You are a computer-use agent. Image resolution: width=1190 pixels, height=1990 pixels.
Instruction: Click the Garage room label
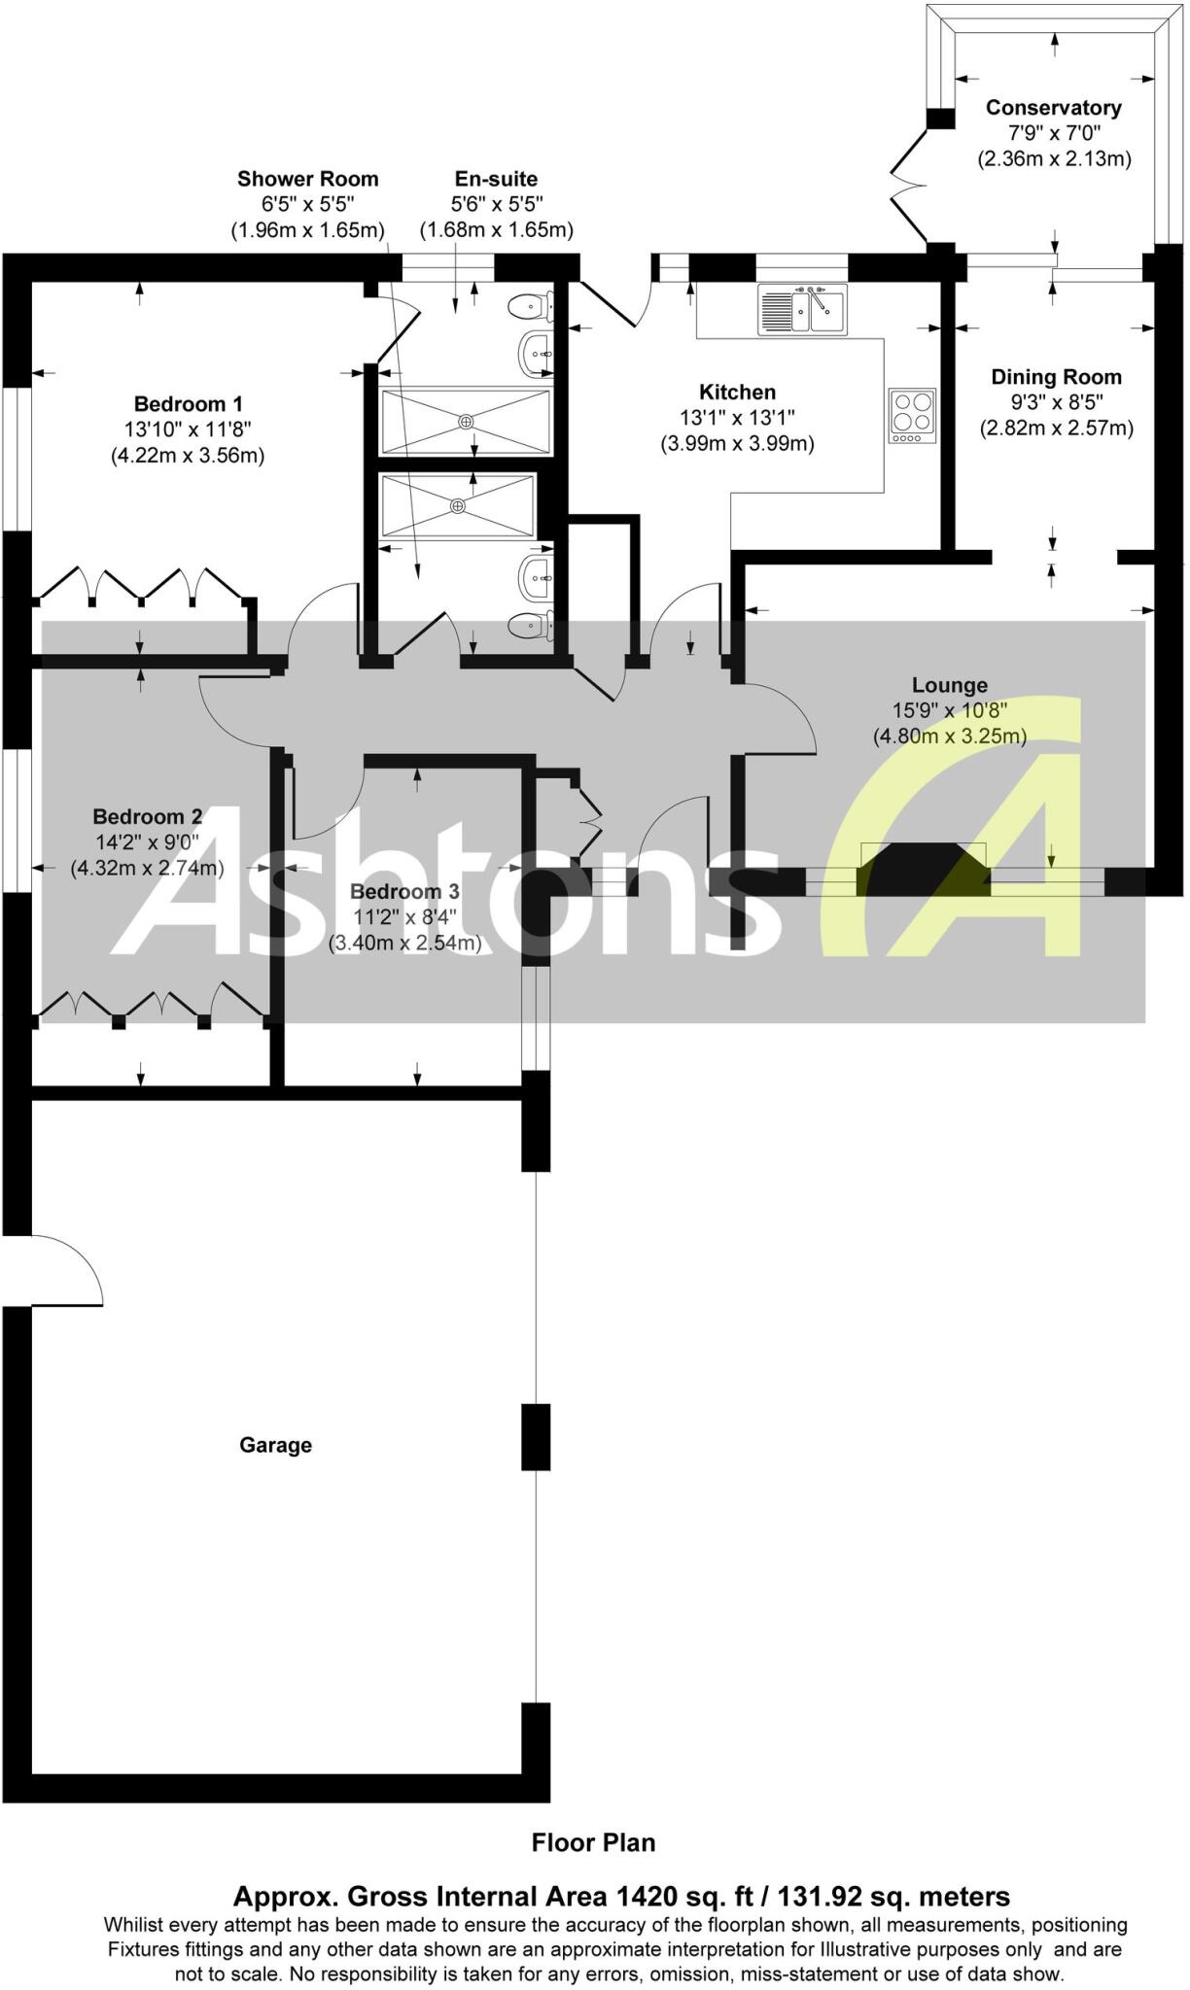pos(275,1445)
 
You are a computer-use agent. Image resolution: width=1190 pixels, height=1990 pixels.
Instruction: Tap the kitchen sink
pos(802,308)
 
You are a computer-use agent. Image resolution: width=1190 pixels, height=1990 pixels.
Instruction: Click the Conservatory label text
pos(1053,108)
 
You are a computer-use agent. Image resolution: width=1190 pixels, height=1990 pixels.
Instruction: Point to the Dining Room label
pos(1056,377)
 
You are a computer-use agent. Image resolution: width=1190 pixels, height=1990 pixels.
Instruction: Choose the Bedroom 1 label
pos(188,404)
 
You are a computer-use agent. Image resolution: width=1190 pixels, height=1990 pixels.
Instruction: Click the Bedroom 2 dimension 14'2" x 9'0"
pos(147,842)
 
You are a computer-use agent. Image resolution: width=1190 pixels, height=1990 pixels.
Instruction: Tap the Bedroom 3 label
pos(404,892)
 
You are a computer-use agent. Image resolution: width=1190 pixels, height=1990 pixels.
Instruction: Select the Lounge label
pos(949,685)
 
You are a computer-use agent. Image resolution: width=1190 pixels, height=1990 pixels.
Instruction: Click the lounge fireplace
pos(923,866)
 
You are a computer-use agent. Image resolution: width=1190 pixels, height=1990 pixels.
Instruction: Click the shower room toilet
pos(532,626)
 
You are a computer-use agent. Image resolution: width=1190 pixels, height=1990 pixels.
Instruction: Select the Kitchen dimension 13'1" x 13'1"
pos(737,418)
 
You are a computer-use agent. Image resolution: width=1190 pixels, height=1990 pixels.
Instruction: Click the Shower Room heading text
pos(307,179)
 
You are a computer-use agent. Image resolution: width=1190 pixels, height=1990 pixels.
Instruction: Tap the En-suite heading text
pos(496,179)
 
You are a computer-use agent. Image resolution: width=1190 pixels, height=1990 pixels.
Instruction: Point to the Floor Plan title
pos(593,1842)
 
